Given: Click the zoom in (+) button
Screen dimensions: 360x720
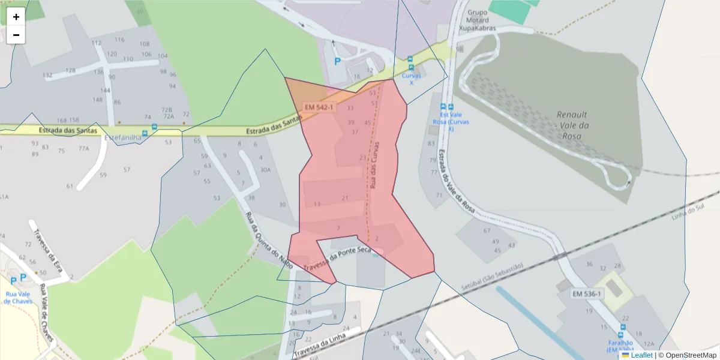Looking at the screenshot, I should (16, 17).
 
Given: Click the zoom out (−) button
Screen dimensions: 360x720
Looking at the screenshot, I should (16, 35).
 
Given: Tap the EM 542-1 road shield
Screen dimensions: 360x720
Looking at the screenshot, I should (319, 107).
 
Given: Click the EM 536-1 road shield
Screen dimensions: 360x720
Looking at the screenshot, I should (588, 293).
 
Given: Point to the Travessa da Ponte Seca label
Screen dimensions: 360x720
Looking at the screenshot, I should (338, 259).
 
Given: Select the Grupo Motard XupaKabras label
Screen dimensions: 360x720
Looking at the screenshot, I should (478, 20).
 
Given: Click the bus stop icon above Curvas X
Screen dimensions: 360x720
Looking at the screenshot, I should (410, 60).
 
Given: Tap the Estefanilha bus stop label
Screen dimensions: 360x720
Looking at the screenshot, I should (123, 137).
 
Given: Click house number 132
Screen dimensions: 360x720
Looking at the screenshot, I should (48, 75).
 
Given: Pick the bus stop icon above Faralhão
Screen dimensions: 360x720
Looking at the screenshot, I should (622, 328).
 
